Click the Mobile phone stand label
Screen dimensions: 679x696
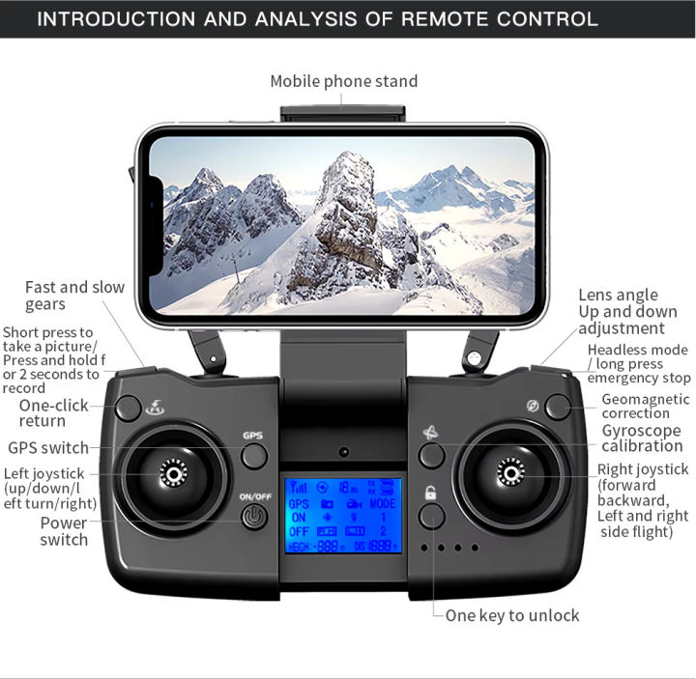[x=343, y=81]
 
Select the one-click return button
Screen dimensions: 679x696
[x=129, y=407]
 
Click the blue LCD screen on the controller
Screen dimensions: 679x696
[x=343, y=516]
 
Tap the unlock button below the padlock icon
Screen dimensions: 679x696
[x=431, y=516]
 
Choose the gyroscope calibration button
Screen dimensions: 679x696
[x=431, y=455]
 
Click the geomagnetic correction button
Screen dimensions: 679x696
[x=557, y=406]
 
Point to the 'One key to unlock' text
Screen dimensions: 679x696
[x=512, y=615]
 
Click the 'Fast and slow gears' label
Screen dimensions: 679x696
[x=74, y=296]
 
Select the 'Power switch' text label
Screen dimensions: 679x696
[x=64, y=531]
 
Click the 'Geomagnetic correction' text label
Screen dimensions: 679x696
[x=645, y=406]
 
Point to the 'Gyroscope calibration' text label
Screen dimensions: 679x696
[x=641, y=438]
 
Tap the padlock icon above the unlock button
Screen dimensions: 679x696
[x=431, y=493]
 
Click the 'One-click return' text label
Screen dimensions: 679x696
[x=54, y=412]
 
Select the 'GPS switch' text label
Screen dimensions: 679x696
[x=48, y=448]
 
